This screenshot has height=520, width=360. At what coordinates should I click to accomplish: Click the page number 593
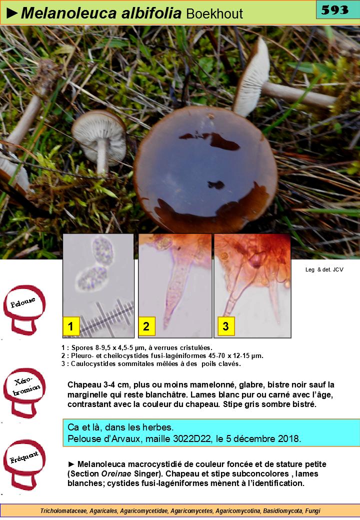335,10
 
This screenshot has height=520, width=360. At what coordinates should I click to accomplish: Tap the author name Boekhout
214,14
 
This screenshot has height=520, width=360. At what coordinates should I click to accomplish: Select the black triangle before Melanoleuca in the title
12,13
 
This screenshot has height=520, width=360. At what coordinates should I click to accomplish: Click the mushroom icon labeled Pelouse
24,309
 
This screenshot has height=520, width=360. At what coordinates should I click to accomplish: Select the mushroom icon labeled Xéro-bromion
24,392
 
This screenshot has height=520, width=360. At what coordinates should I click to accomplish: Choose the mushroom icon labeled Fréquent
24,464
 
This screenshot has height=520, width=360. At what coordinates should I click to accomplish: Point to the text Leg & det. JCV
324,269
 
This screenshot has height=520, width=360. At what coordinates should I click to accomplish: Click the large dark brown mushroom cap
205,169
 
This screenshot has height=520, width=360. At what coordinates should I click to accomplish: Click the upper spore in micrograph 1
102,251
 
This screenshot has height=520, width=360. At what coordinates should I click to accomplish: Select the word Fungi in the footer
312,510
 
